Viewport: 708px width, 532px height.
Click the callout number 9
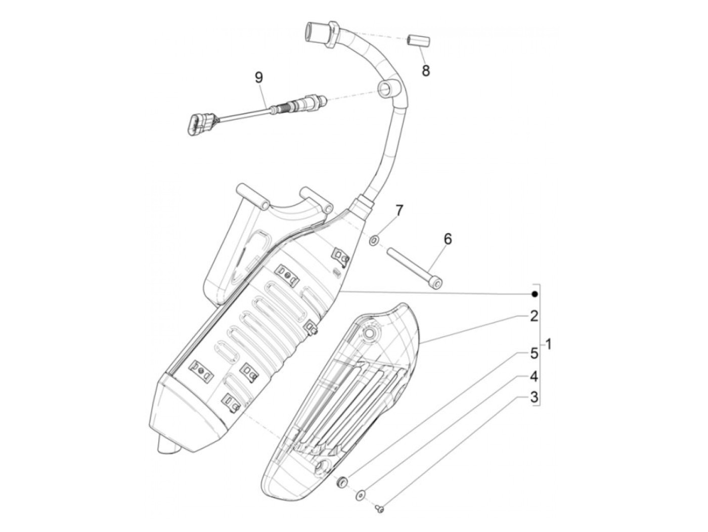tap(259, 77)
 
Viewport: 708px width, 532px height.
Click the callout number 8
tap(426, 70)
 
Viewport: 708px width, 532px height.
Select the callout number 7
tap(400, 210)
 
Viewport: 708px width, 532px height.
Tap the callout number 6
tap(448, 239)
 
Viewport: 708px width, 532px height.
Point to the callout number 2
tap(534, 317)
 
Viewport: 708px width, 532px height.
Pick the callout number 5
tap(534, 353)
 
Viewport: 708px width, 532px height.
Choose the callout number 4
tap(534, 376)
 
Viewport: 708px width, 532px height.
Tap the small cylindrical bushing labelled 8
tap(418, 40)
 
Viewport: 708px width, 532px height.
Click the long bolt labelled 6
tap(415, 266)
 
